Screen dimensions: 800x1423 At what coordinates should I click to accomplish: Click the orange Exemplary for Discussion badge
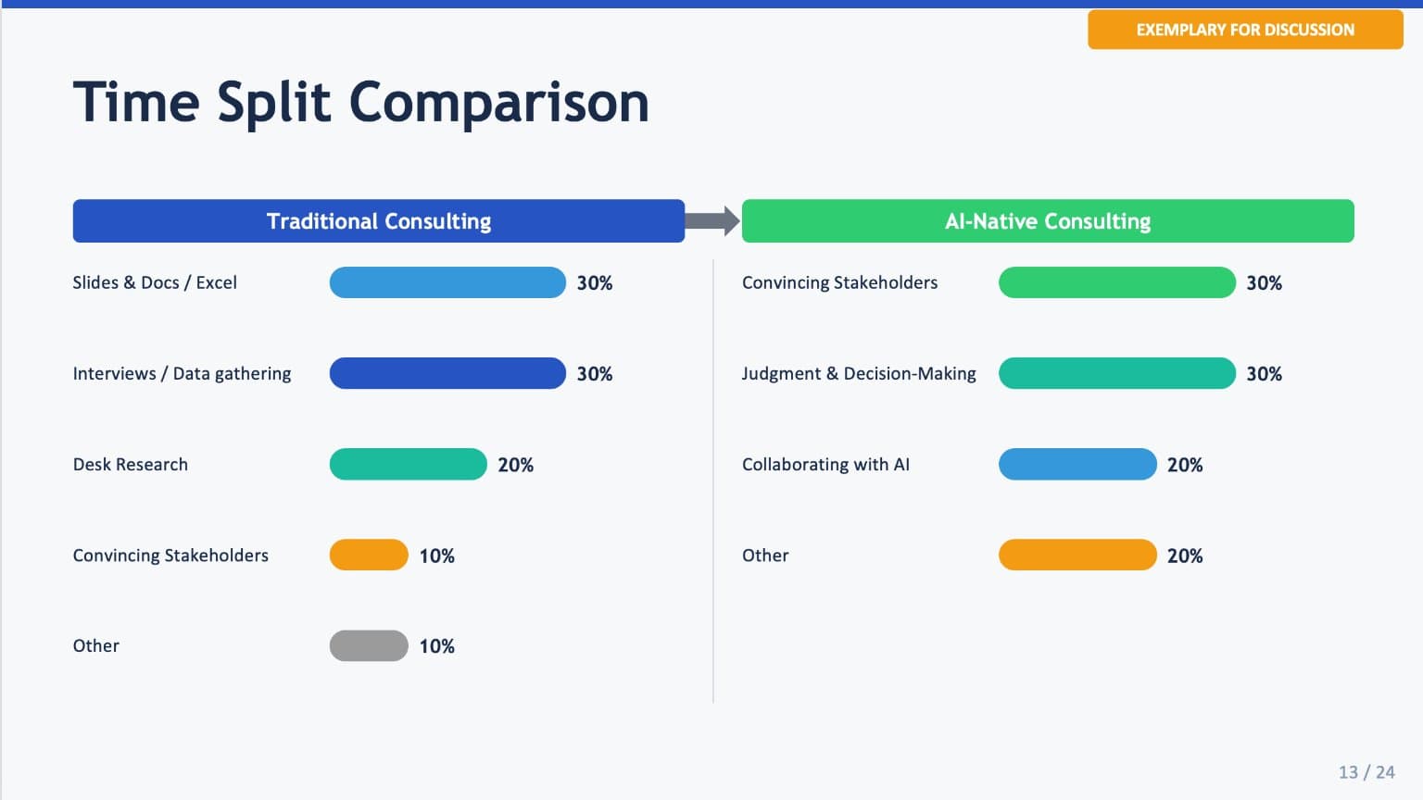[x=1245, y=30]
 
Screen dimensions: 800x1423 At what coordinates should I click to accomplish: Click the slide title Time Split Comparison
[x=360, y=101]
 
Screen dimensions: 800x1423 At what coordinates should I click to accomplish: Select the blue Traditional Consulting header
[x=378, y=221]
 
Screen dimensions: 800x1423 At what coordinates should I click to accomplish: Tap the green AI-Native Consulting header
[x=1048, y=221]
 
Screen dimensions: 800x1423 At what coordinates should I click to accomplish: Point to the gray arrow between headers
[x=712, y=221]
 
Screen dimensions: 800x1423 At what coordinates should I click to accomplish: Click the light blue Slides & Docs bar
[x=447, y=282]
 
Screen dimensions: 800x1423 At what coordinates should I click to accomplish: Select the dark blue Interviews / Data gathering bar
[x=447, y=373]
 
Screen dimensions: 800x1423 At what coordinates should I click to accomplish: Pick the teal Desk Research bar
[x=408, y=464]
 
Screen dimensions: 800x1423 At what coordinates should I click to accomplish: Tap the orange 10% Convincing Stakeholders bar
[x=369, y=555]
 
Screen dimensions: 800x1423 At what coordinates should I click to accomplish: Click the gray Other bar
[x=369, y=645]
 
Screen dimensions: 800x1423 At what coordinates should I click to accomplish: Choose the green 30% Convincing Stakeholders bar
[x=1116, y=282]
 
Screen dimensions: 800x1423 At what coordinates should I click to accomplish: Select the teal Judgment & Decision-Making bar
[x=1116, y=373]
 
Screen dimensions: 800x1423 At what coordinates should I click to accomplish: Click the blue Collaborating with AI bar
[x=1077, y=464]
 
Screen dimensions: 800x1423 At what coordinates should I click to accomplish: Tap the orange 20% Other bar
[x=1077, y=555]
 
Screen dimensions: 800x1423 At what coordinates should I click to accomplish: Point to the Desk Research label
[x=131, y=465]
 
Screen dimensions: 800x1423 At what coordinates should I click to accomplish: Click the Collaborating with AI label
[x=825, y=465]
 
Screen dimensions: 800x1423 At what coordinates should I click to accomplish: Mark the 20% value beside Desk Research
[x=516, y=465]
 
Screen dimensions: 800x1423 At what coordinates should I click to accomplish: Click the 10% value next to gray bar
[x=437, y=646]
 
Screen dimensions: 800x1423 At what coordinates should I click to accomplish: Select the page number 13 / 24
[x=1366, y=772]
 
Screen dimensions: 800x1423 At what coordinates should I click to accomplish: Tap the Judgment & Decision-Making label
[x=859, y=374]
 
